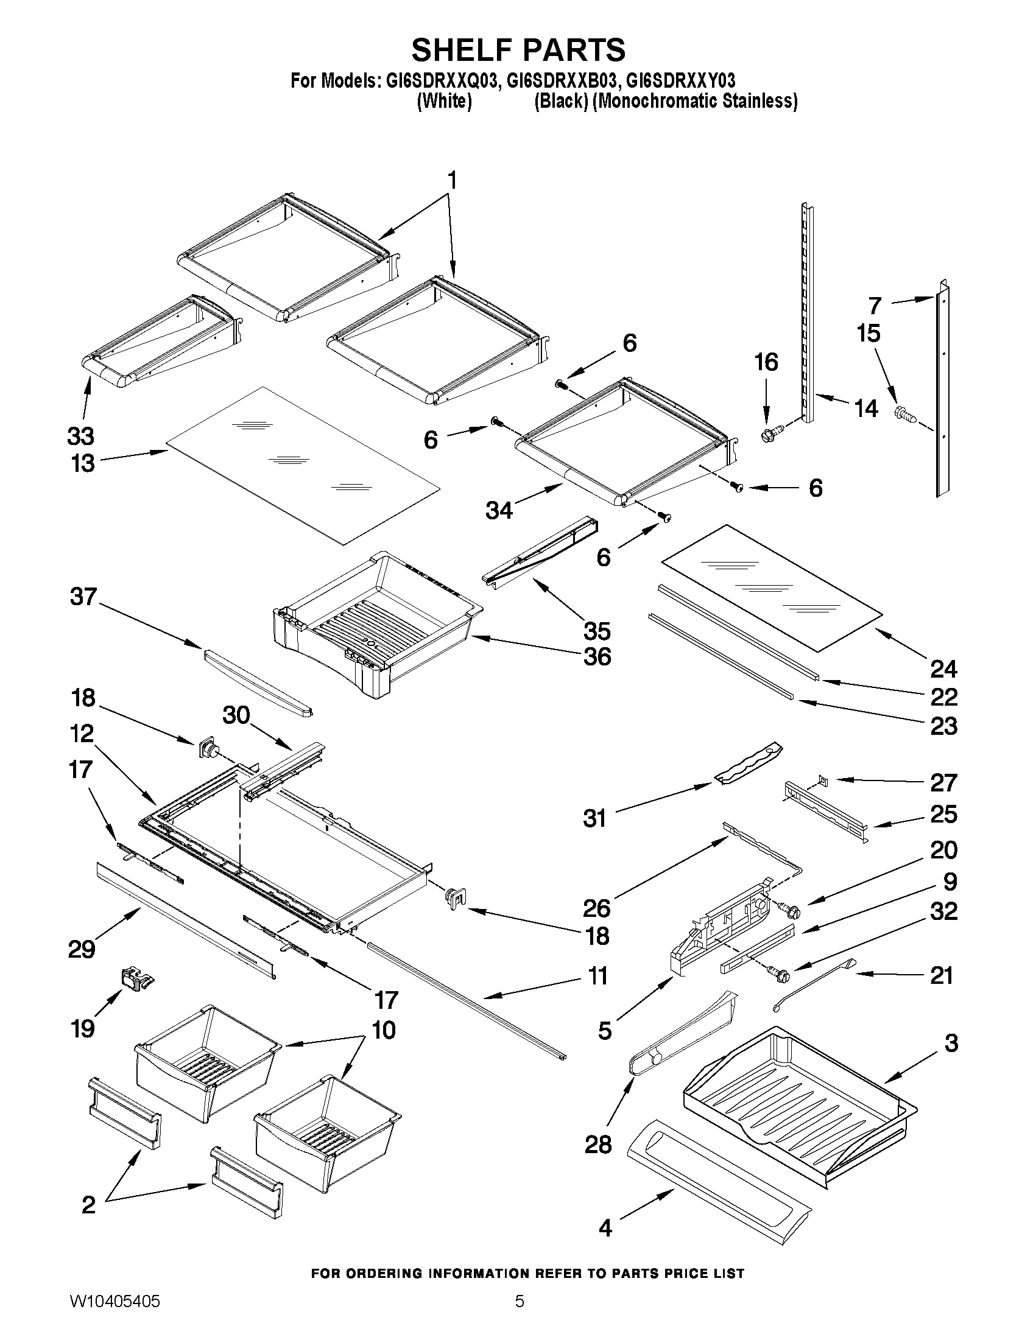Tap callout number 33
coord(81,437)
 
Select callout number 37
coord(83,597)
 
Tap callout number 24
coord(943,668)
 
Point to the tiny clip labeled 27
coord(823,780)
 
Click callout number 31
coord(594,818)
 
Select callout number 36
coord(596,657)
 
